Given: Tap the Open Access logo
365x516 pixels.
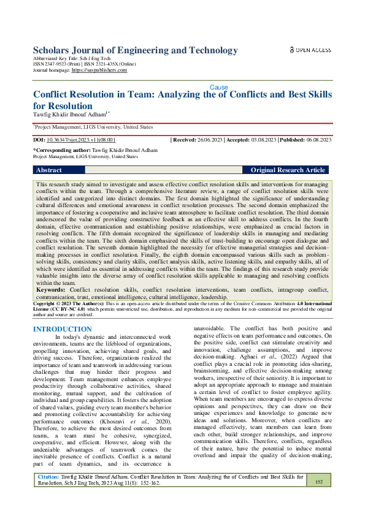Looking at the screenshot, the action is pyautogui.click(x=310, y=50).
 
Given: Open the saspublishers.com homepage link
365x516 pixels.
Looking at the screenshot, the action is pyautogui.click(x=99, y=70).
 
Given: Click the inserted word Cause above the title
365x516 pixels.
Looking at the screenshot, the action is pyautogui.click(x=219, y=88).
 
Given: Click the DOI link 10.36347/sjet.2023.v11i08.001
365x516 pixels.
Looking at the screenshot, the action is pyautogui.click(x=81, y=140).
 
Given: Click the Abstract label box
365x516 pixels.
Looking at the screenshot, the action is pyautogui.click(x=59, y=170).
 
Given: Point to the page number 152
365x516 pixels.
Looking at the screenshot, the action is pyautogui.click(x=318, y=482).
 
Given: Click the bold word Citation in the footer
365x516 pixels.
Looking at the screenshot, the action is pyautogui.click(x=48, y=476).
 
